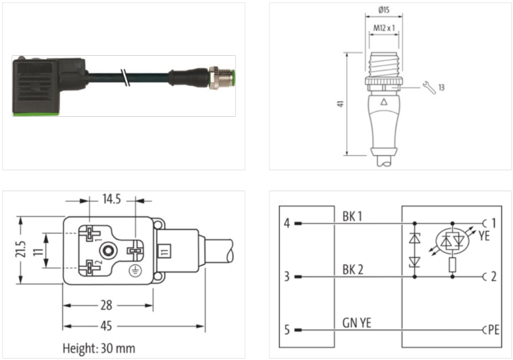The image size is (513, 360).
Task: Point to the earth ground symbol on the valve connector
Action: [135, 270]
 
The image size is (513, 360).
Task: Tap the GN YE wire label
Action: [356, 323]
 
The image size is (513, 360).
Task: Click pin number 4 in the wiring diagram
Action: [287, 223]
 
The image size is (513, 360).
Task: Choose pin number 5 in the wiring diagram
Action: [287, 330]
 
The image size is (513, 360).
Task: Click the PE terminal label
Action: [493, 330]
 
